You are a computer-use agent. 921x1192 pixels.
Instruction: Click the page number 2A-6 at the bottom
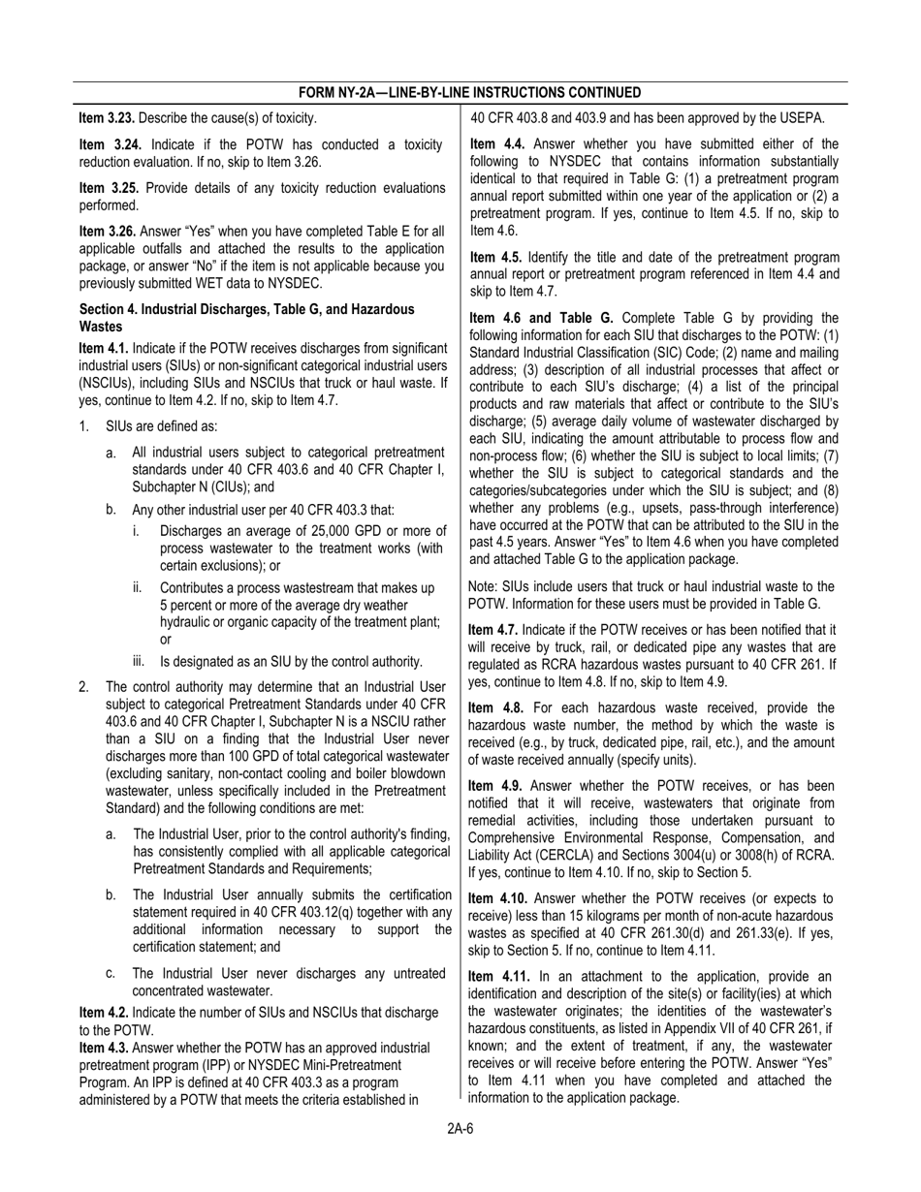[460, 1127]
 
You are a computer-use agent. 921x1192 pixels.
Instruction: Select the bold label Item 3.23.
[107, 118]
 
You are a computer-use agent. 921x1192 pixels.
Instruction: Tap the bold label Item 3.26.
[108, 232]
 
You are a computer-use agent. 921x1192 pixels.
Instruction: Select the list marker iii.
[139, 662]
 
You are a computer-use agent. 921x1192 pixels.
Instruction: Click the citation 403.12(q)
[319, 912]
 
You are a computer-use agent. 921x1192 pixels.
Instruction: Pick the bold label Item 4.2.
[104, 1013]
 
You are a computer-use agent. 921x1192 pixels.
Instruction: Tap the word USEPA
[800, 118]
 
